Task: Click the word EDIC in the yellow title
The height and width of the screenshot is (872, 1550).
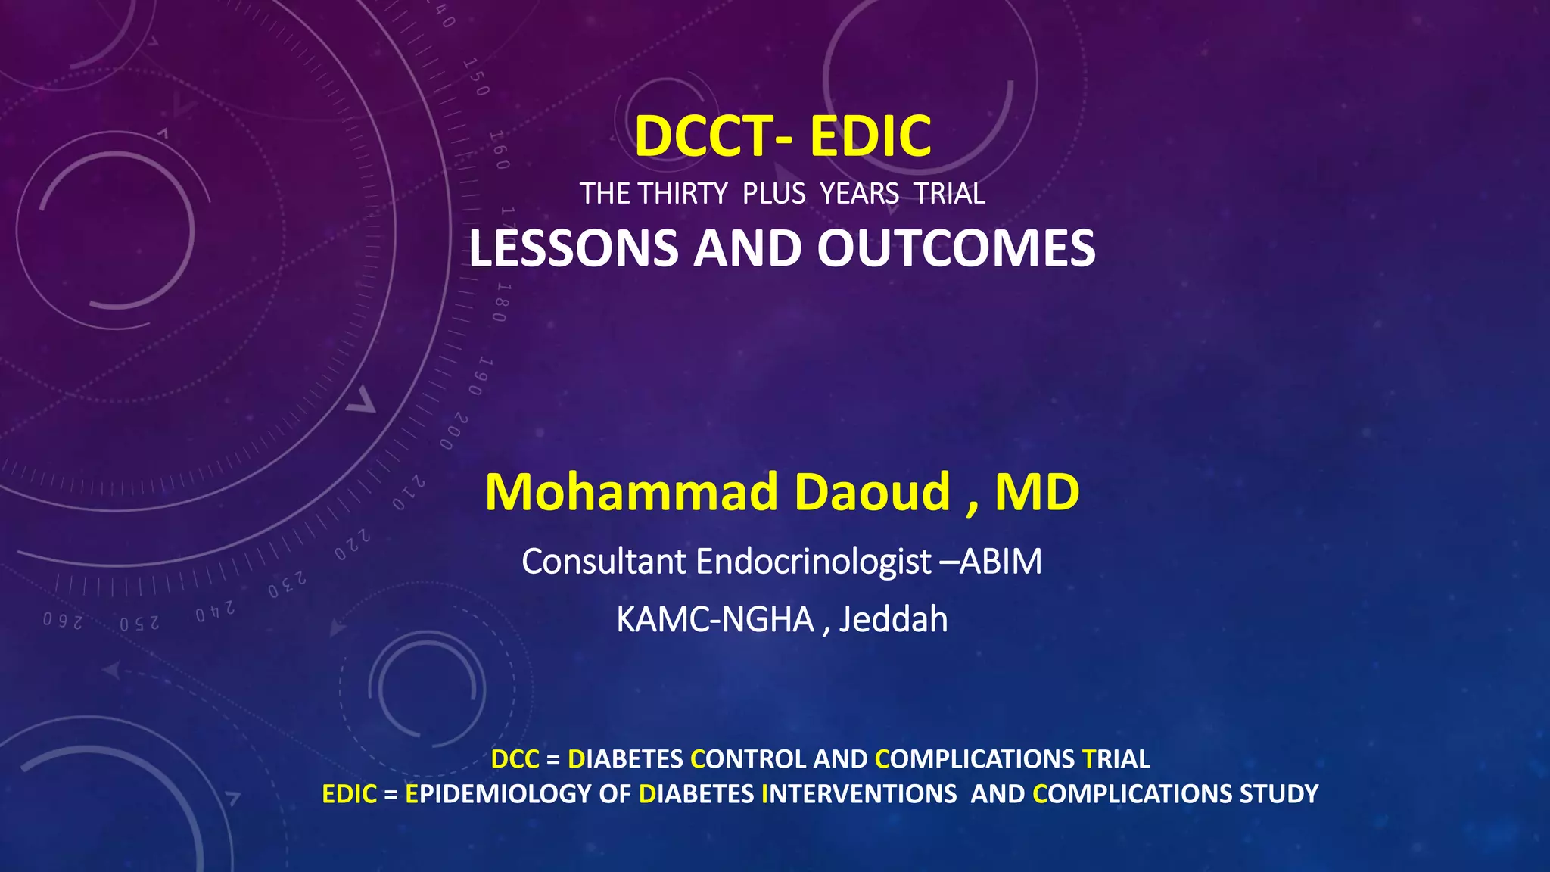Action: tap(870, 136)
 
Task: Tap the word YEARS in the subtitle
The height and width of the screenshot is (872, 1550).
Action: tap(860, 194)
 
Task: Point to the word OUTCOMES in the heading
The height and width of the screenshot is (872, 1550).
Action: tap(956, 248)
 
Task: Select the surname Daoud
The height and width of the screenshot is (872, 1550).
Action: tap(872, 493)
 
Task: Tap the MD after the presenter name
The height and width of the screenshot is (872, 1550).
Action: tap(1037, 493)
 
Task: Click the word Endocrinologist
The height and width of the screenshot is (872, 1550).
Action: tap(814, 562)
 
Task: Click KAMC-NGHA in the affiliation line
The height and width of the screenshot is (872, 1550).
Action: tap(714, 620)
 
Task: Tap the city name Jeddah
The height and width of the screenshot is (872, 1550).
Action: tap(893, 620)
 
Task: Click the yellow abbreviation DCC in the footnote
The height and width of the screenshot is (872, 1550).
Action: tap(515, 758)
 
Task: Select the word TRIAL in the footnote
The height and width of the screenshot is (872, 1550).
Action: tap(1116, 758)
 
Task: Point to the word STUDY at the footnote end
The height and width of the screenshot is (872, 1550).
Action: tap(1279, 794)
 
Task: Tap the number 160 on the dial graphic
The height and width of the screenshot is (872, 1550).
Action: tap(499, 150)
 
